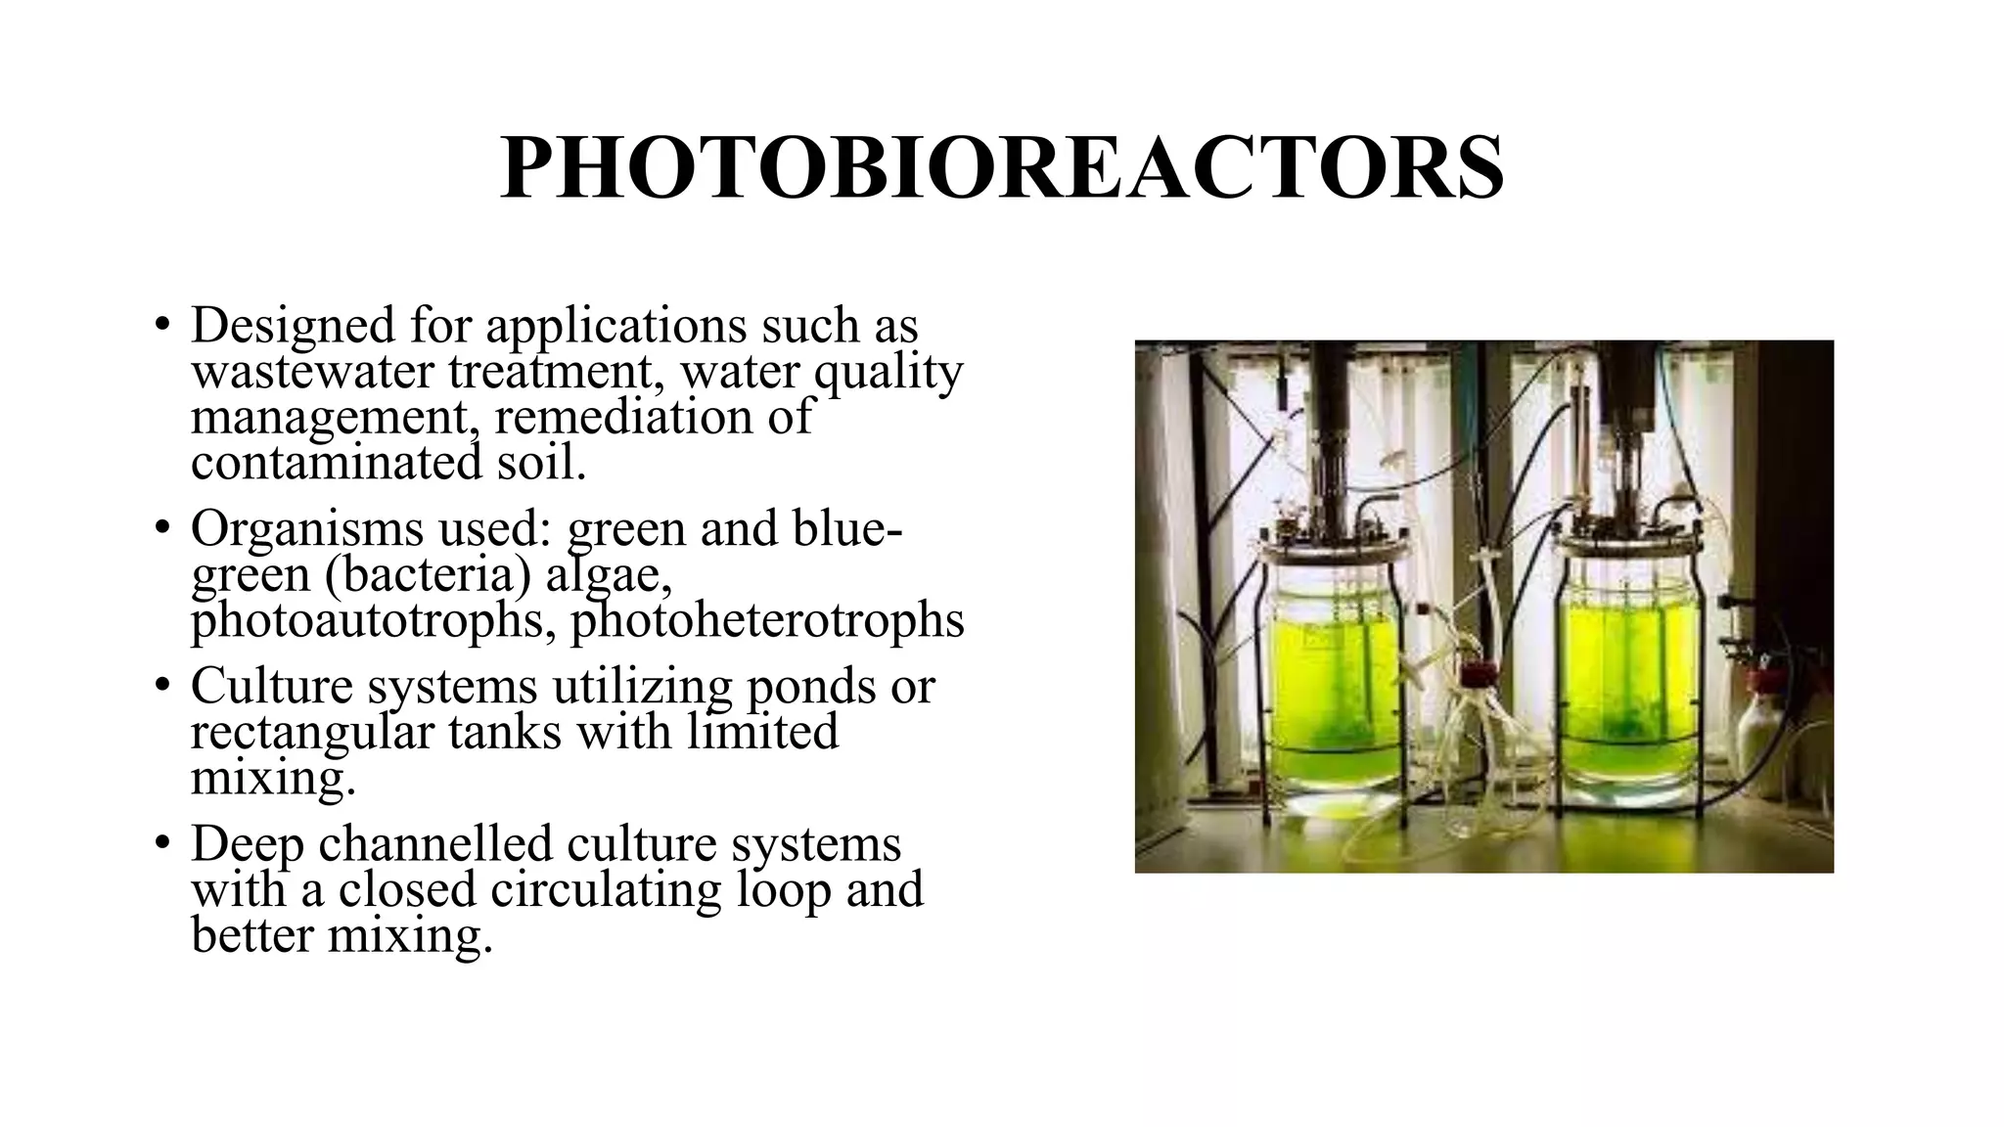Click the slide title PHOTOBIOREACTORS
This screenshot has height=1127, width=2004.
click(1001, 169)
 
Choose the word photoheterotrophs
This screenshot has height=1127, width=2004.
click(767, 620)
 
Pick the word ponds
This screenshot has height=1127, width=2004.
click(810, 687)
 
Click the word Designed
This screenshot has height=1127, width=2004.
click(293, 326)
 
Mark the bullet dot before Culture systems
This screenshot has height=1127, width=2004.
click(162, 687)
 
